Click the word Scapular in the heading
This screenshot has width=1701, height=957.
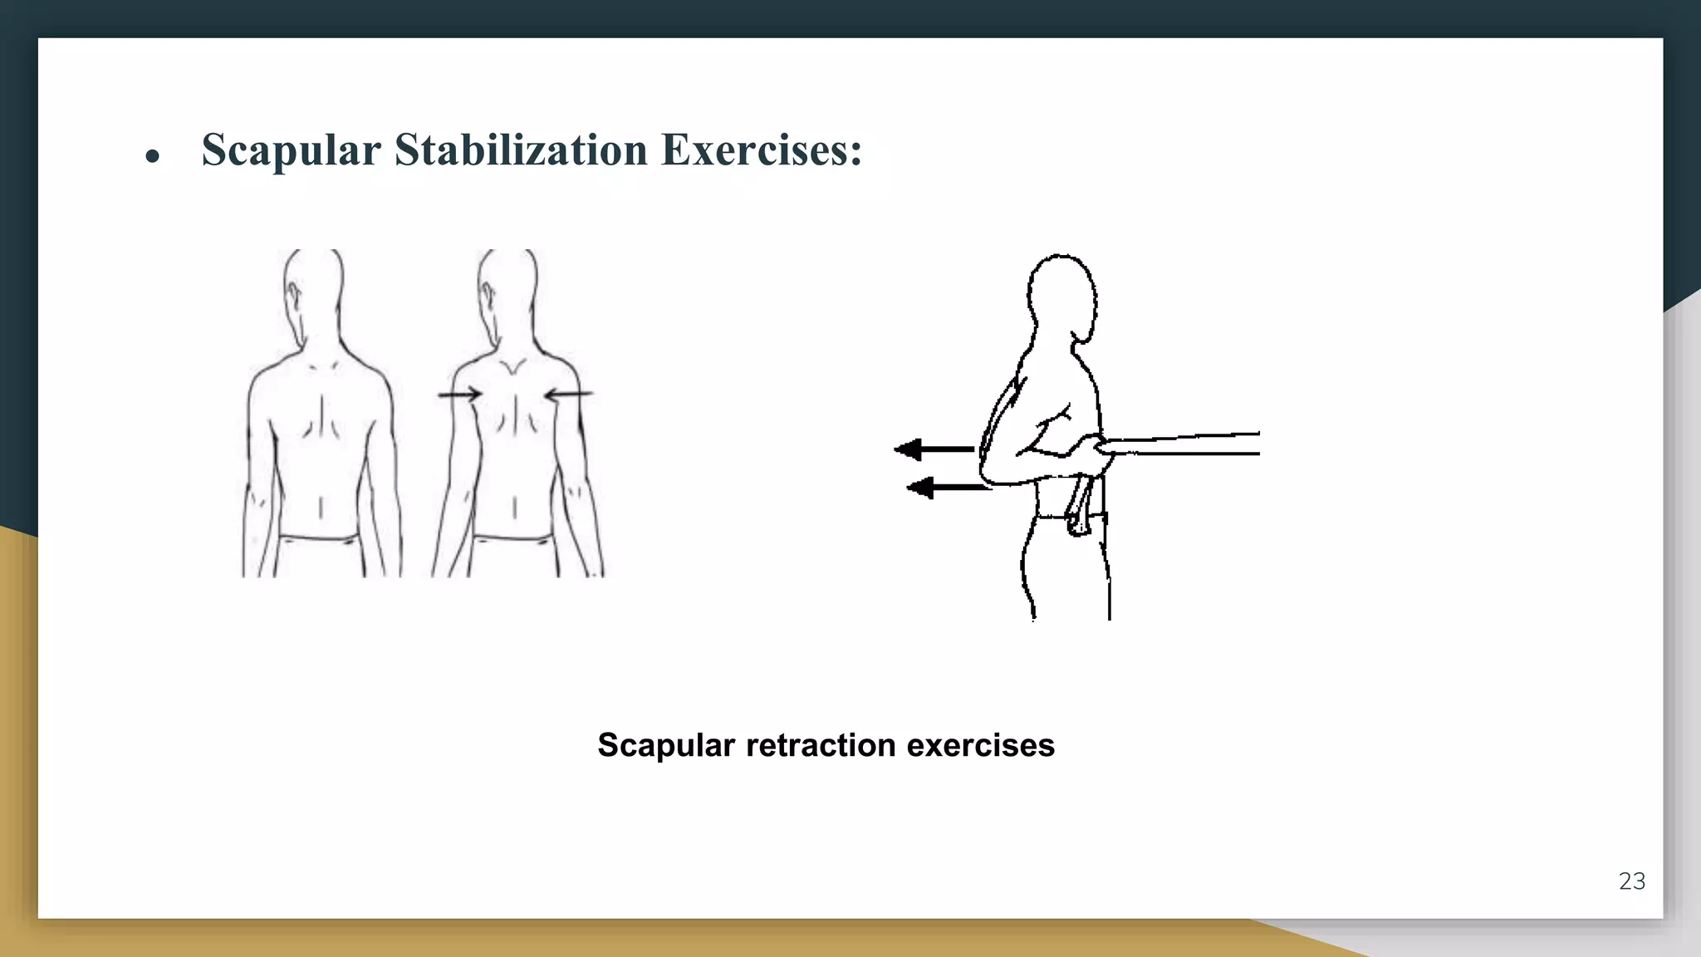[x=291, y=150]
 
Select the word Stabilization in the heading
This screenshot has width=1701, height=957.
[x=521, y=150]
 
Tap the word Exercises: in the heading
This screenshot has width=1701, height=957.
[x=762, y=150]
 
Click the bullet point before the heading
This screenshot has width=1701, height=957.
[x=152, y=156]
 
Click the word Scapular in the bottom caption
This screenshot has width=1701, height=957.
[x=666, y=745]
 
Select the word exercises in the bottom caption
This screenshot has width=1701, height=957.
[x=980, y=745]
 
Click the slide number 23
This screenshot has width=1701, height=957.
[x=1631, y=881]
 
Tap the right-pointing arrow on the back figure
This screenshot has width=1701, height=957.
[x=460, y=394]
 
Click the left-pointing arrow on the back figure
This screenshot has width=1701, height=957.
[x=569, y=394]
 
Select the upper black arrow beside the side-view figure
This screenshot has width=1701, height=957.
[x=934, y=449]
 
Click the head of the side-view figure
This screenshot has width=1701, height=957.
[x=1061, y=295]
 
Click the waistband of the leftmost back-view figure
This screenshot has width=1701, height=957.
[x=321, y=538]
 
